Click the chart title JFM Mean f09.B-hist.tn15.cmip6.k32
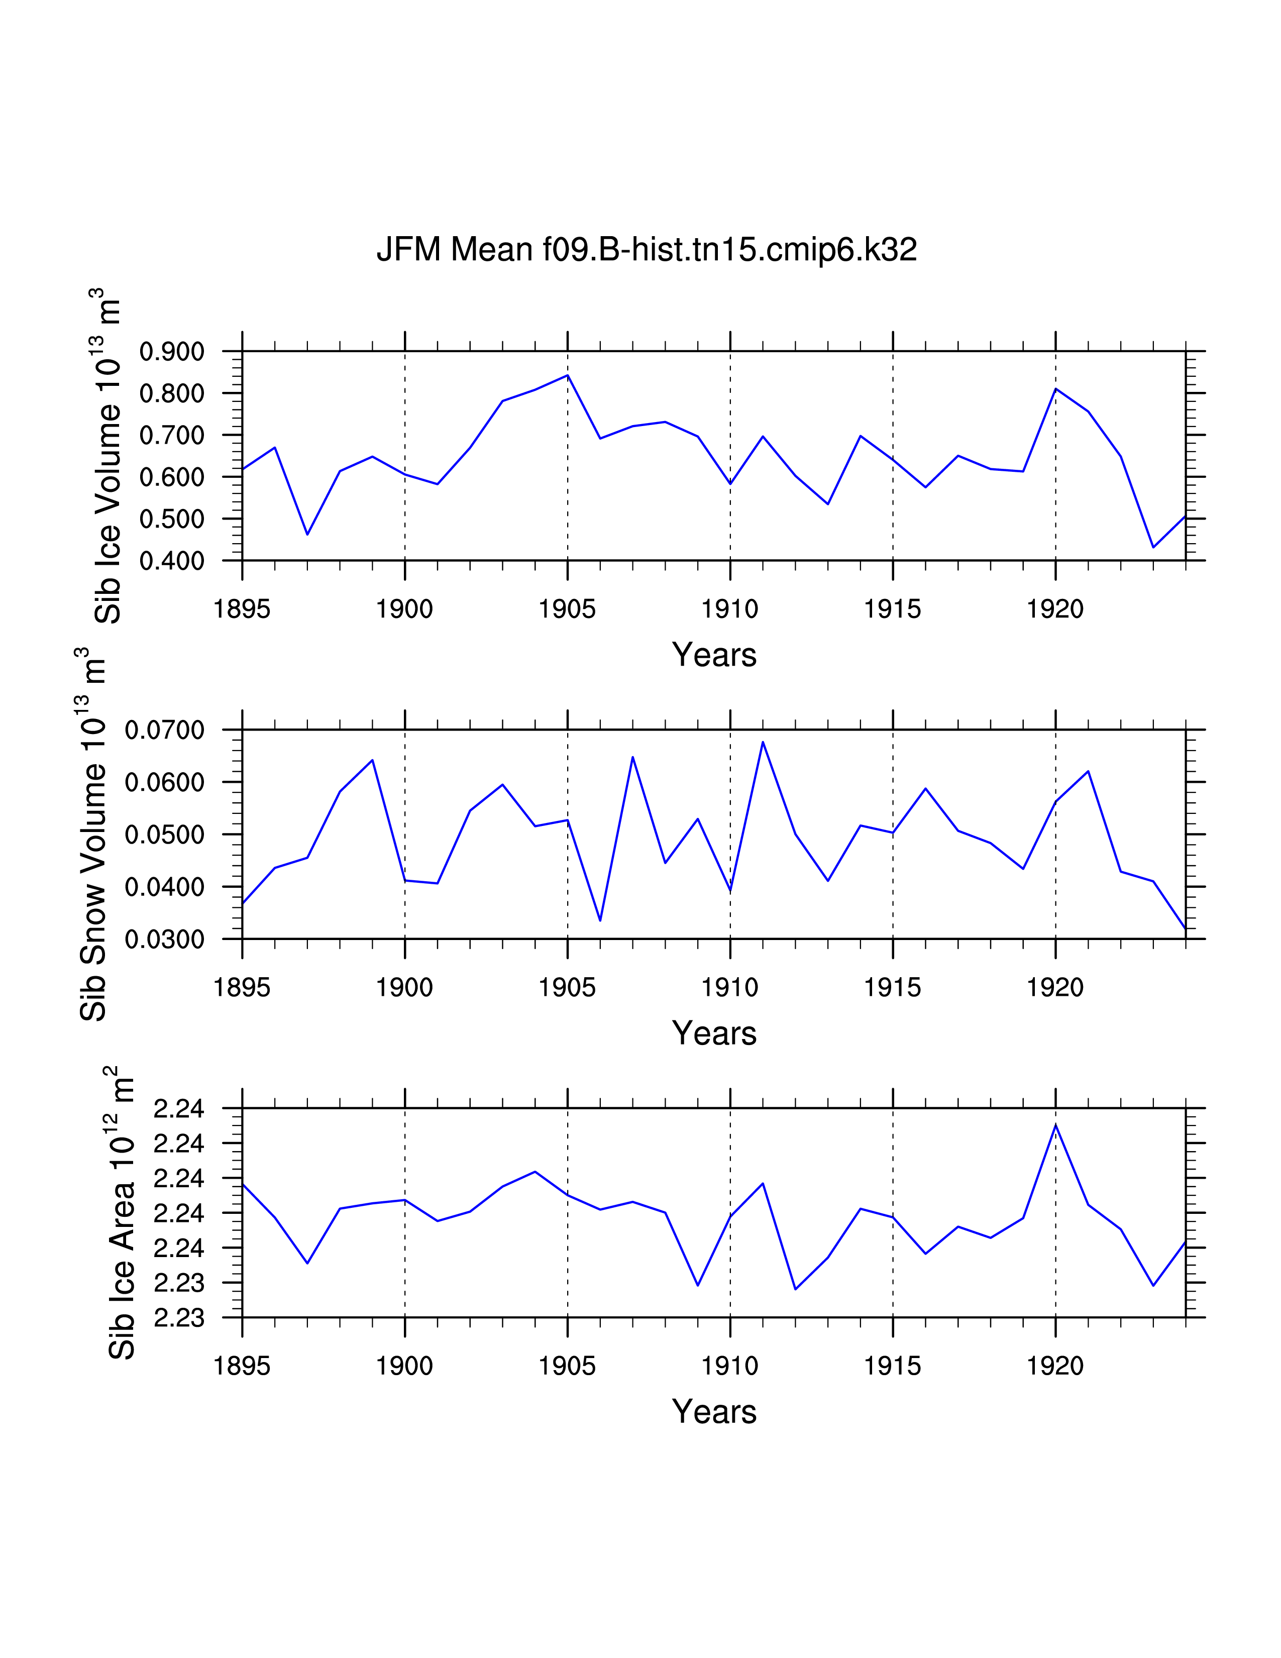(647, 250)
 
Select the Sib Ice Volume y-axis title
(108, 456)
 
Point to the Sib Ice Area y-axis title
(122, 1213)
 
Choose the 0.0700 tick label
(165, 731)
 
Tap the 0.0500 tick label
(165, 835)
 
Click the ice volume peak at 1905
(568, 375)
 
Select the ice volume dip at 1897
(307, 535)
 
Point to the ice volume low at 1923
(1153, 547)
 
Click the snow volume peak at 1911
(763, 742)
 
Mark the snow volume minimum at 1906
(600, 921)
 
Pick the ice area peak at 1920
(1055, 1125)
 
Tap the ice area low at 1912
(795, 1289)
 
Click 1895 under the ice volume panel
(242, 609)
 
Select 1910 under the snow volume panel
(730, 988)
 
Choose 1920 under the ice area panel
(1055, 1366)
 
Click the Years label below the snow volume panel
(714, 1033)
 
